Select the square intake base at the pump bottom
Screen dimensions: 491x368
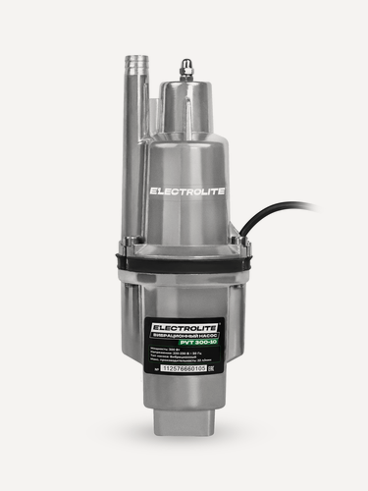click(184, 423)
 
